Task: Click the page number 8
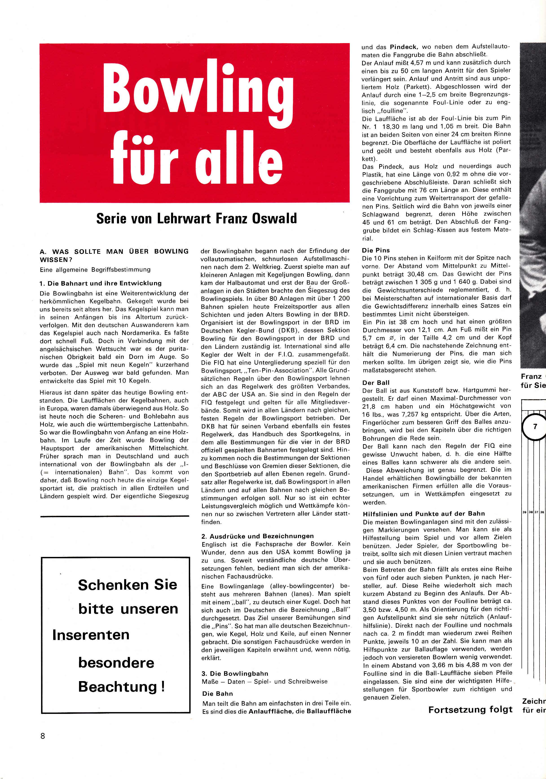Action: click(x=43, y=736)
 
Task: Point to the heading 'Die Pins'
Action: click(x=376, y=250)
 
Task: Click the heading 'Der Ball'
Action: click(x=376, y=382)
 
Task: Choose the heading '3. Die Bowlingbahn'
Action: click(x=235, y=673)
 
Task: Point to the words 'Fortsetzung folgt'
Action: click(x=470, y=710)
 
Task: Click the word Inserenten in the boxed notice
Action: click(x=91, y=635)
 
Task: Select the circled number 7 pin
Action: click(x=535, y=426)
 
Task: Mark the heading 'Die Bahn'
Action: click(x=217, y=693)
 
